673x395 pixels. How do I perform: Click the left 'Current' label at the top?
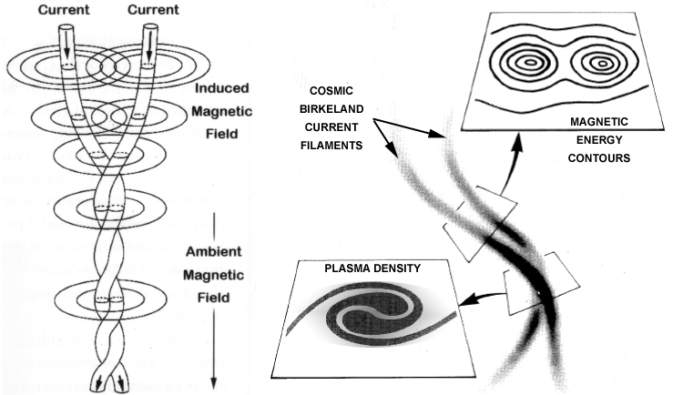point(64,9)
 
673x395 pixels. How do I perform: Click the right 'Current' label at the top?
point(153,9)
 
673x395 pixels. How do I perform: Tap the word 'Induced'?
point(222,88)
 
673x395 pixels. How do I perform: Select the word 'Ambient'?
point(214,251)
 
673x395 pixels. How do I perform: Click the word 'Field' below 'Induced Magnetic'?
point(222,134)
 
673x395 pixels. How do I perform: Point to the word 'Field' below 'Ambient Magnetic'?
point(214,298)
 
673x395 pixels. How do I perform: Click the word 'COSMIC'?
point(331,91)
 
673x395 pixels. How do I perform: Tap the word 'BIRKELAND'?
point(331,109)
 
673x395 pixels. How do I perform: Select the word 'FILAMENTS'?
point(331,146)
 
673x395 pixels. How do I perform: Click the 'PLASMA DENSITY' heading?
point(372,268)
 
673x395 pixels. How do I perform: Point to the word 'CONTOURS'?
point(599,157)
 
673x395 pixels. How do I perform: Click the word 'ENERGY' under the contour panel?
point(599,140)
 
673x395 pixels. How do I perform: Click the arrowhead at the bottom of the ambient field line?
point(214,383)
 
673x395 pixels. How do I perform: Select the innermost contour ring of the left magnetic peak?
point(531,63)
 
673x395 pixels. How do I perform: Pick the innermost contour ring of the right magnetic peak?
point(602,64)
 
